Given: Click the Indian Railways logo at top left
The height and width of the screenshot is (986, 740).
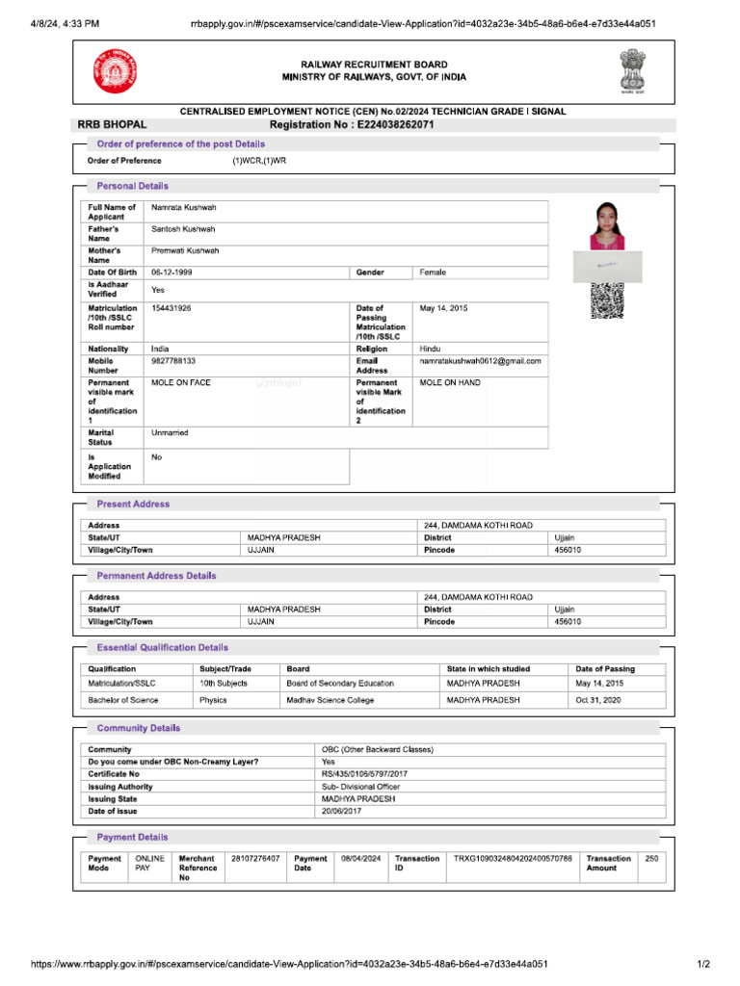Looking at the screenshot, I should [116, 71].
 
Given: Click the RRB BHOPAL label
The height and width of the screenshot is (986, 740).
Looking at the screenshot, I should [112, 125].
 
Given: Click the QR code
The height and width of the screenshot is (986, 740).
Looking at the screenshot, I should [607, 301].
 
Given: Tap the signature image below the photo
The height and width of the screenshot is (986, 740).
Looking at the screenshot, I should [607, 263].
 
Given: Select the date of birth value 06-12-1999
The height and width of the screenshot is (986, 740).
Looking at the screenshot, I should [172, 272].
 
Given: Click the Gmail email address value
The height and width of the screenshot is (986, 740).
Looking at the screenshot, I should [480, 361].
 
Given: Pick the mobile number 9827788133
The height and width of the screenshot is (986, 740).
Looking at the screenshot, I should [173, 361].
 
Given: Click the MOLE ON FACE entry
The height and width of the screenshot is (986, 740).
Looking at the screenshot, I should [181, 383].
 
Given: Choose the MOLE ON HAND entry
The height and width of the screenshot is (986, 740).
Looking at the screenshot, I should [451, 383].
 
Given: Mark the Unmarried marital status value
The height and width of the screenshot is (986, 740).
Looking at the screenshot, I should [171, 433].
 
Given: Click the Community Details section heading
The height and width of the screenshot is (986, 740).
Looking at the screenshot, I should [138, 728].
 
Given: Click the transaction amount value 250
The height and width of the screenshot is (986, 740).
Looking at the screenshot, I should [651, 858].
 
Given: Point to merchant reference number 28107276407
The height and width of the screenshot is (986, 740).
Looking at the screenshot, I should [255, 858].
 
